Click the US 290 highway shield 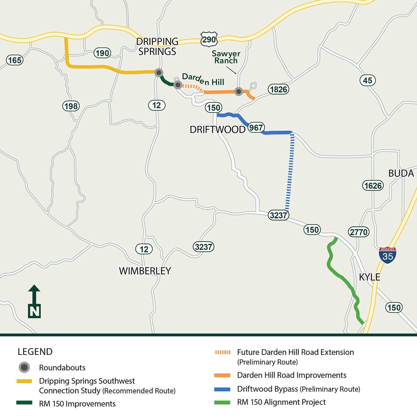click(209, 39)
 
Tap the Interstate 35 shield click(388, 255)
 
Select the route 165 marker click(15, 60)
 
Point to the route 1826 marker click(278, 89)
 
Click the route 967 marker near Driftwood click(256, 127)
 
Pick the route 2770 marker click(359, 232)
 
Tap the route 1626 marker click(373, 186)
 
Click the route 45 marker click(367, 80)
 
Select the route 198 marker click(71, 106)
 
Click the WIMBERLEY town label click(145, 271)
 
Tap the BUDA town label click(401, 173)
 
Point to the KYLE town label click(370, 277)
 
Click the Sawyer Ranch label click(226, 57)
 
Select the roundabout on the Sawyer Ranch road click(239, 91)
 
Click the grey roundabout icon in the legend click(24, 367)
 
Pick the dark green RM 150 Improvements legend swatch click(24, 403)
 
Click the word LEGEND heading click(35, 352)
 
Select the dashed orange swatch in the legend click(223, 352)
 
